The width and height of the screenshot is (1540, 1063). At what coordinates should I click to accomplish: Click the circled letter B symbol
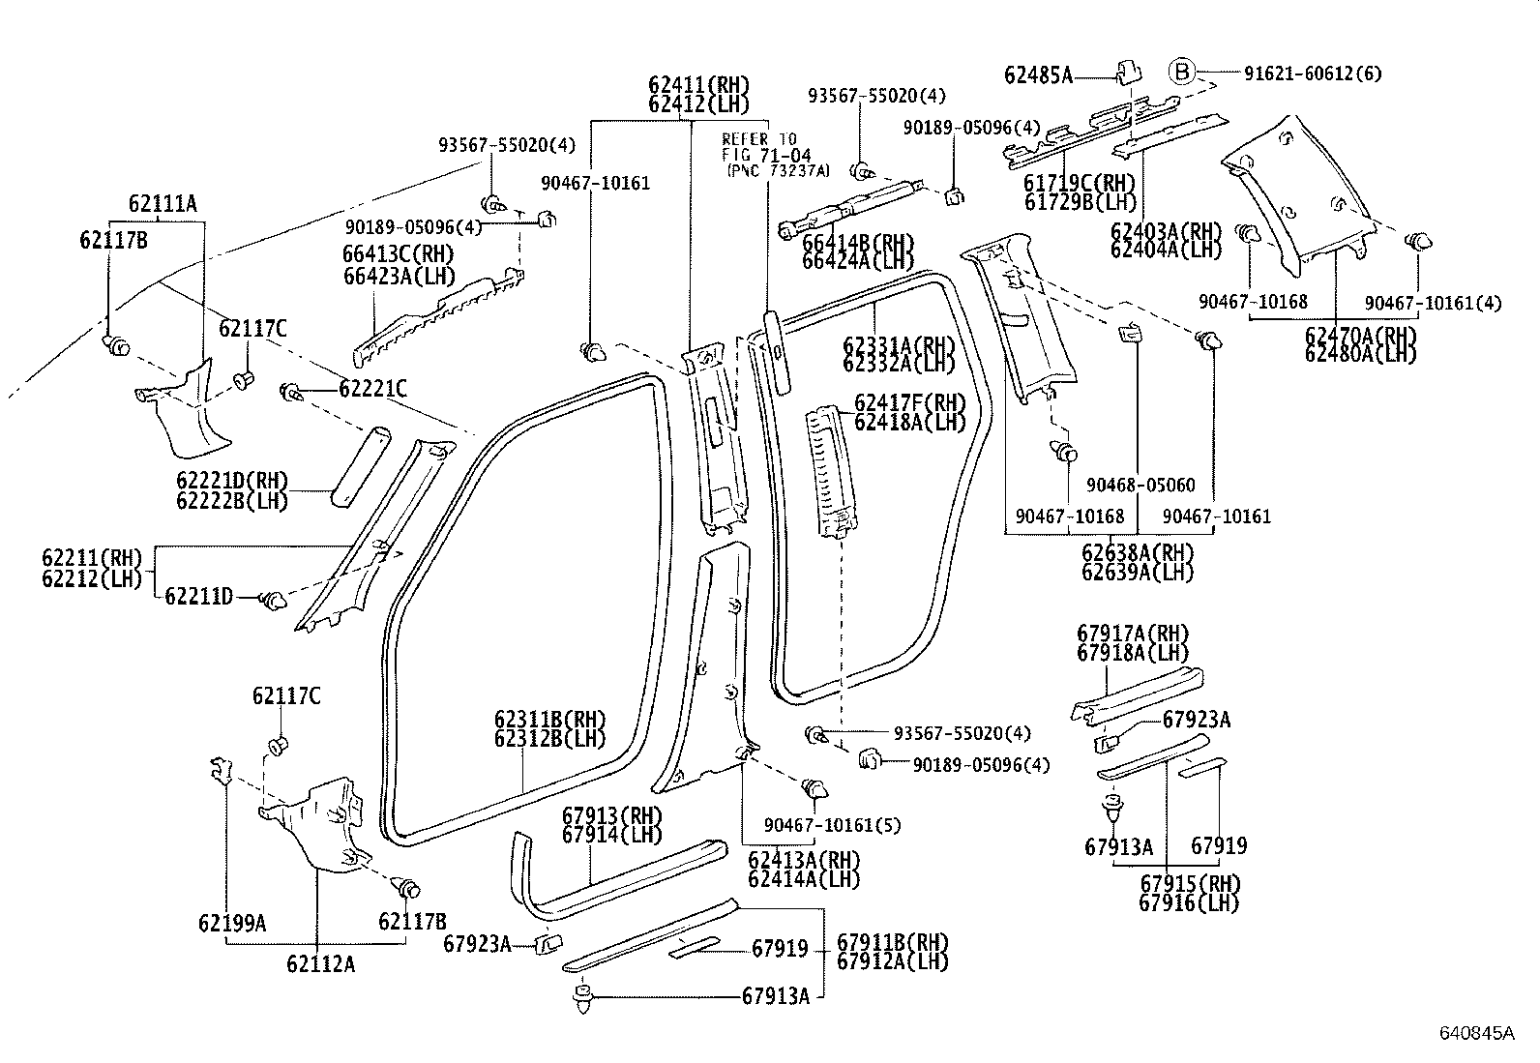point(1182,72)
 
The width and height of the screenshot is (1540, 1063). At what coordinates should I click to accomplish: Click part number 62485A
point(1038,74)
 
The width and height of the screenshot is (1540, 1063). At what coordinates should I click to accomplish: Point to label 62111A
point(162,203)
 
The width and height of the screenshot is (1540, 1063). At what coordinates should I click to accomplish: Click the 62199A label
point(232,923)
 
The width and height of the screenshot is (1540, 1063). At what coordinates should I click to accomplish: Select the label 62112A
point(320,963)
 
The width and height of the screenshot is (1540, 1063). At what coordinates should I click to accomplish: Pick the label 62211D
point(198,597)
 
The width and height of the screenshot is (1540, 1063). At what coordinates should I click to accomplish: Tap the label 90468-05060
point(1140,486)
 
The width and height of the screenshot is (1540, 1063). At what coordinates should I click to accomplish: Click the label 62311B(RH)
point(549,721)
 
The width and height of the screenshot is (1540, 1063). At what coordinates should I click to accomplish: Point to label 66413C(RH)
point(398,253)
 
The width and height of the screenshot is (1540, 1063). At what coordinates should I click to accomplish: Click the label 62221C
point(372,389)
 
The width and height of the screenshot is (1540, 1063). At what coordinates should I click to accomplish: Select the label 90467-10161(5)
point(832,825)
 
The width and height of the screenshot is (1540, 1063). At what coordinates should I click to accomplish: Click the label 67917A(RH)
point(1132,634)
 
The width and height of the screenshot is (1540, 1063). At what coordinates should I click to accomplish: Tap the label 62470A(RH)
point(1359,336)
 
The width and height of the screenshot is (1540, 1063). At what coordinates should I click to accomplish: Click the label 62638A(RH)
point(1137,553)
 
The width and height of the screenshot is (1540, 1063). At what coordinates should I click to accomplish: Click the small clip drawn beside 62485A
point(1126,71)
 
